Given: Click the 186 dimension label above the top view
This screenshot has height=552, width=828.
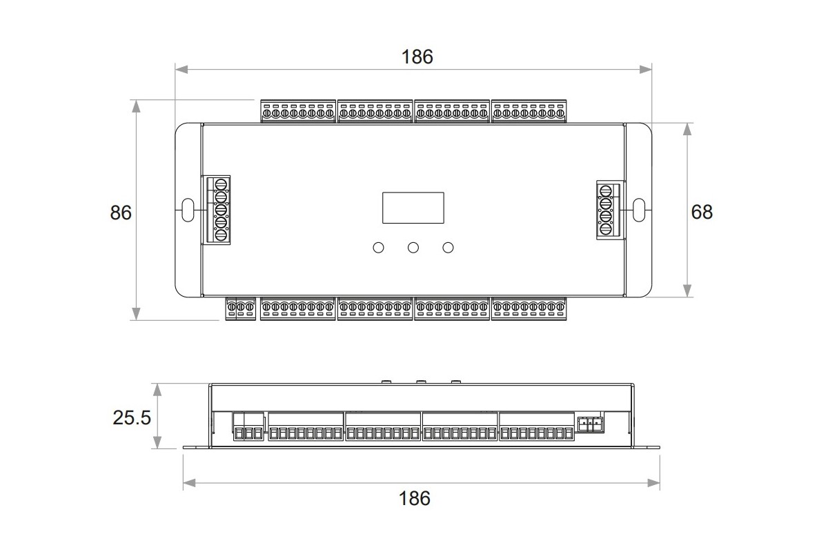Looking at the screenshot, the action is tap(417, 57).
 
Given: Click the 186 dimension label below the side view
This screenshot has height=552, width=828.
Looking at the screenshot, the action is tap(415, 498).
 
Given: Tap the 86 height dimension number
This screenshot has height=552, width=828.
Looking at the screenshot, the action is tap(121, 213).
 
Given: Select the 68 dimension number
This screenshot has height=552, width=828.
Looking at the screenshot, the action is tap(702, 212).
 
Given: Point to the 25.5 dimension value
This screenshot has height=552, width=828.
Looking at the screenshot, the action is tap(132, 417).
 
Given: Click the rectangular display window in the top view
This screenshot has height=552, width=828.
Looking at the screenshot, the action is tap(413, 208).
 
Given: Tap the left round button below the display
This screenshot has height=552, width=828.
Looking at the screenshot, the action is tap(379, 248).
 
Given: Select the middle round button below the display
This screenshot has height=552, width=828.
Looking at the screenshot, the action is tap(413, 248).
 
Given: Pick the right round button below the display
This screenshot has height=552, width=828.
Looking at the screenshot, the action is tap(448, 248).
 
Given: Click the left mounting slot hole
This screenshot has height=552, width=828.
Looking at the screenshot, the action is tap(188, 210).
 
